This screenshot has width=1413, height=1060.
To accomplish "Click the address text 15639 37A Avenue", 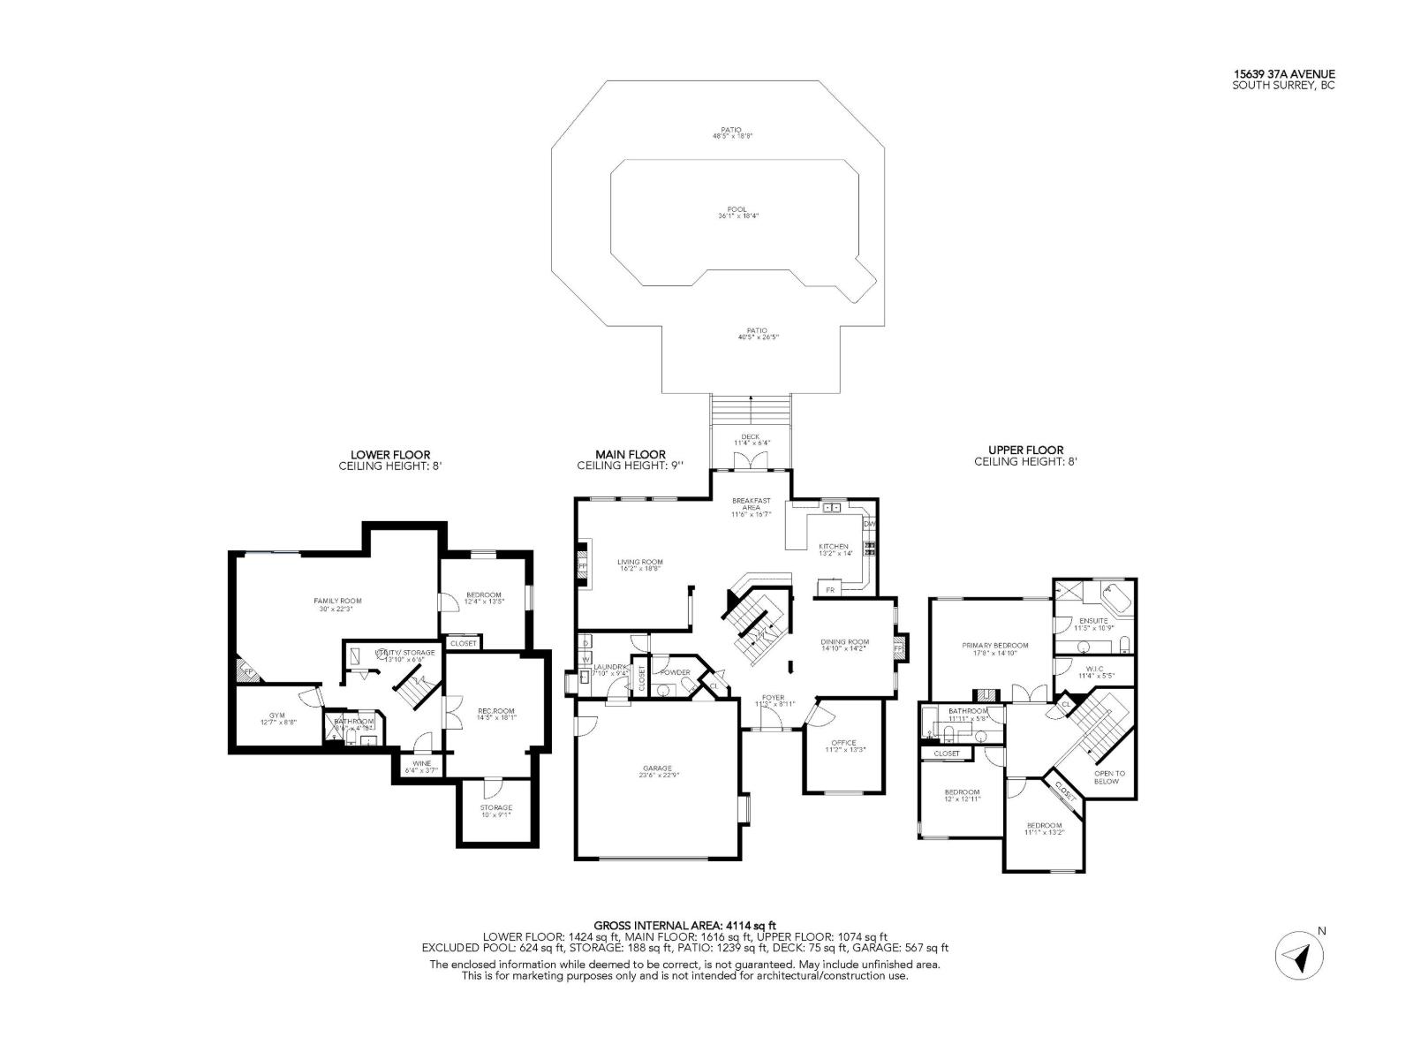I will (1284, 74).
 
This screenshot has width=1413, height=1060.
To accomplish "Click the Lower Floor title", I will (389, 455).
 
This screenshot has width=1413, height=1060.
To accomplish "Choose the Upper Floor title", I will (1025, 450).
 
